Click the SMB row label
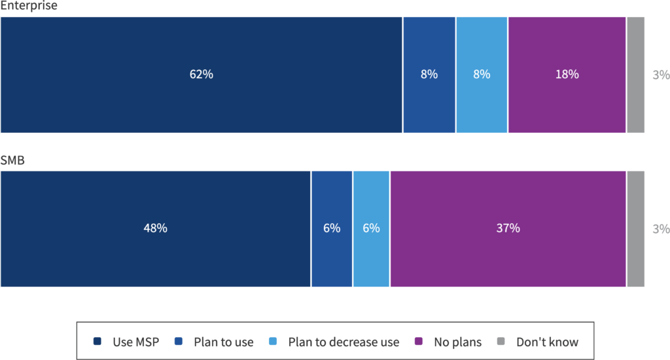point(12,160)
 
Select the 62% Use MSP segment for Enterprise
point(201,75)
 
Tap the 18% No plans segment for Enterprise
point(567,75)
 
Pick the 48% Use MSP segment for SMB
point(155,228)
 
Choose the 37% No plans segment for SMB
point(508,228)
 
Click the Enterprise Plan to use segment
point(429,75)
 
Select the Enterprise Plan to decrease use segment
point(482,75)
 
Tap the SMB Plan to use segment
point(332,228)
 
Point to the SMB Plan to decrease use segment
point(371,228)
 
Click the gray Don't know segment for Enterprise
point(635,75)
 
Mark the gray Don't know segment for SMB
point(635,228)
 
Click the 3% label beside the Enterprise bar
point(661,75)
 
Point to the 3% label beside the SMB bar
point(661,228)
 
